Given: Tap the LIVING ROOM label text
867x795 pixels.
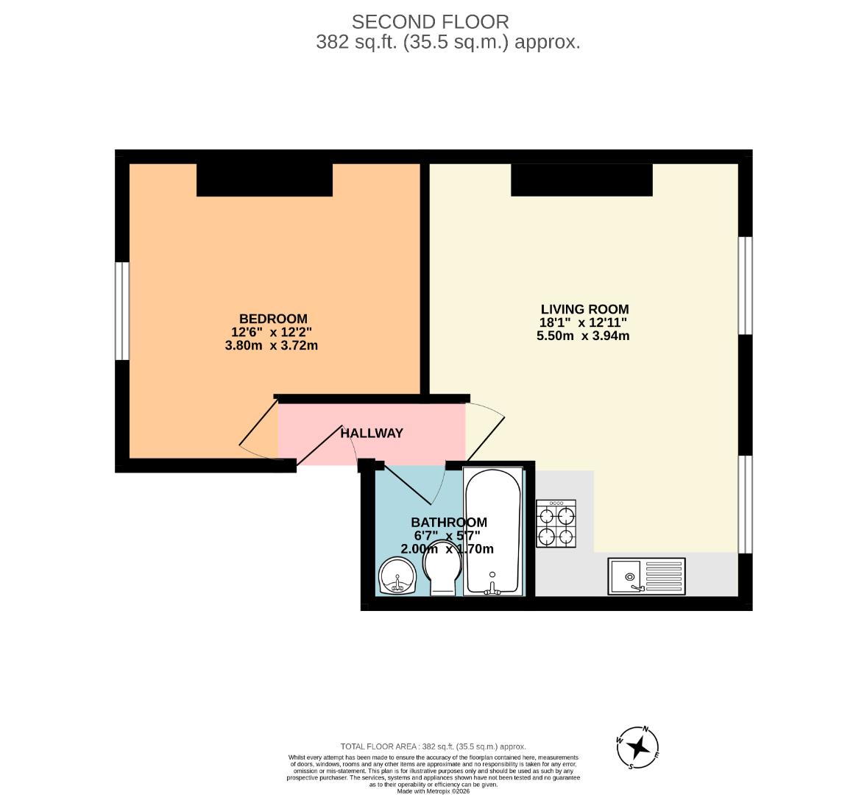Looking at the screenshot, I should coord(584,309).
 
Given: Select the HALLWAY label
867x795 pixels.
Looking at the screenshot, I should coord(372,434).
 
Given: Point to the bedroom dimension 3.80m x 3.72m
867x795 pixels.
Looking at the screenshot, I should coord(271,345).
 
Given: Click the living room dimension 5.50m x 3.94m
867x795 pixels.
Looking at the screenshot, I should coord(583,336).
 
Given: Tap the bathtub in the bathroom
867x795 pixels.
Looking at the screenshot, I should coord(493,530).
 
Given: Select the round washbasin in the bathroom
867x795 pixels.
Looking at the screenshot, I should coord(398,575).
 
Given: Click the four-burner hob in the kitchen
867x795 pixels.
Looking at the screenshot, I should coord(556,523).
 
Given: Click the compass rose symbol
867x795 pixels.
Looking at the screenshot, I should coord(637,748).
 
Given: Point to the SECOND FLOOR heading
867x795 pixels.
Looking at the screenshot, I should coord(430,22).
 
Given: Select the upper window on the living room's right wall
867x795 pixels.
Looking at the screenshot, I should coord(745,285).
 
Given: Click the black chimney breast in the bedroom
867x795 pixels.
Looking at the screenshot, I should coord(264,180).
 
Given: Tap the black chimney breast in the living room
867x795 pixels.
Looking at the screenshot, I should coord(581,180).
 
